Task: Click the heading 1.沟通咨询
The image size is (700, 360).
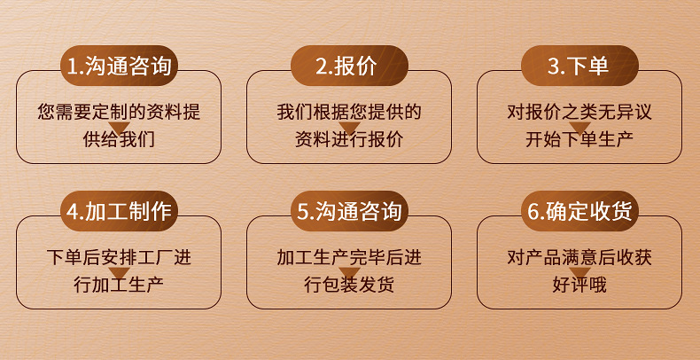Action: click(x=119, y=66)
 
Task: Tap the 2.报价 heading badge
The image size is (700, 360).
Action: click(x=349, y=66)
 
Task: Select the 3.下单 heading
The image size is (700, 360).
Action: click(x=579, y=66)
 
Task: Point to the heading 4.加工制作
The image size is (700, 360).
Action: click(x=119, y=212)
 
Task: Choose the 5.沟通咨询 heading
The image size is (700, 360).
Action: click(x=349, y=212)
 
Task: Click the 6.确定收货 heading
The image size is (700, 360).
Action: click(x=579, y=212)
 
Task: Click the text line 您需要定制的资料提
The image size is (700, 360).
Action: click(x=119, y=113)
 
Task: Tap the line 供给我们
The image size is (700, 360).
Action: click(x=119, y=139)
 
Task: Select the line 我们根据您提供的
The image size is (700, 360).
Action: click(x=349, y=113)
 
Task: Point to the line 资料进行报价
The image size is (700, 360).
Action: click(x=349, y=139)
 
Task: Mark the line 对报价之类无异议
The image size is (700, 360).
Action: click(x=579, y=113)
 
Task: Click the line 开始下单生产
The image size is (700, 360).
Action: click(x=579, y=139)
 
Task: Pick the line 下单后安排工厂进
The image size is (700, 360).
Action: click(x=119, y=258)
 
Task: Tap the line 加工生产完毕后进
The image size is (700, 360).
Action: click(x=349, y=258)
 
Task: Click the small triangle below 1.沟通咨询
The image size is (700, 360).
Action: click(x=119, y=129)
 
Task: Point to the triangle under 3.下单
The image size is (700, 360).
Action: click(x=579, y=129)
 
